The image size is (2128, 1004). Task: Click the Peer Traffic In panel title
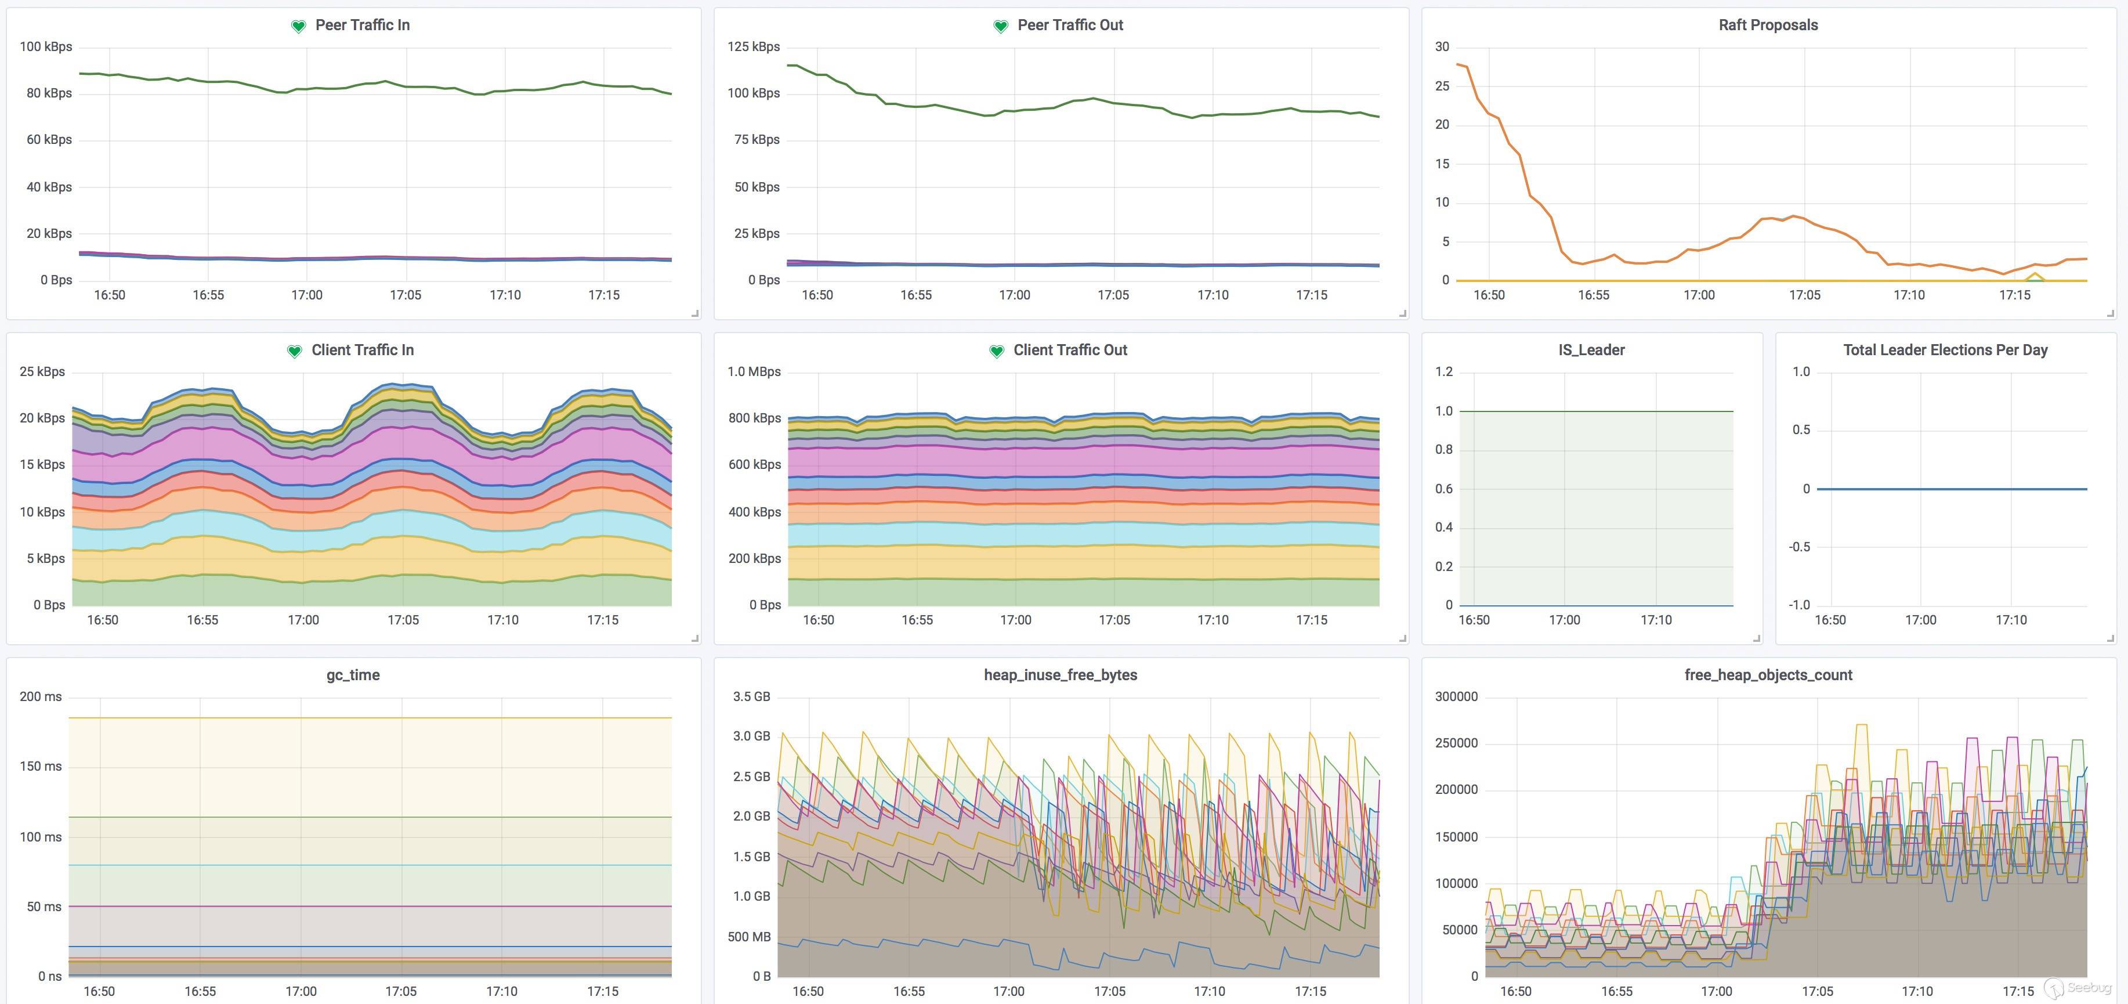(362, 25)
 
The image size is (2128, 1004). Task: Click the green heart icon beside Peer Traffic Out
(1000, 27)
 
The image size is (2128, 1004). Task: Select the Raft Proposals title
(1768, 25)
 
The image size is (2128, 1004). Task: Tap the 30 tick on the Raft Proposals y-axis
(1442, 46)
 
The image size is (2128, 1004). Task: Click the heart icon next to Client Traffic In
(294, 351)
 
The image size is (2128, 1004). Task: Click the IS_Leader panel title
(1591, 349)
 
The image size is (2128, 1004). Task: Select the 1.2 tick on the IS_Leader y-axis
(1443, 371)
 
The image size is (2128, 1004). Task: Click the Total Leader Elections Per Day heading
(1945, 349)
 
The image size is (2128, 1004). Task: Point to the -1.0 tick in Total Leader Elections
(1798, 605)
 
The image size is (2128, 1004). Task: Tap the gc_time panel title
(353, 674)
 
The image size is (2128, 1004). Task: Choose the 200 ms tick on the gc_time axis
(41, 696)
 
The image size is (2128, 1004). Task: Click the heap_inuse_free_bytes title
(1060, 674)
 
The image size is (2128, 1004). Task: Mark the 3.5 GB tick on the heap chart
(751, 696)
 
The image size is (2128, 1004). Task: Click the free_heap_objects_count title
(1768, 674)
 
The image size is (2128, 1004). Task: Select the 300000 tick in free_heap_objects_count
(1456, 696)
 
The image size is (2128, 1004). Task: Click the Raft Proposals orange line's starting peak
(1460, 64)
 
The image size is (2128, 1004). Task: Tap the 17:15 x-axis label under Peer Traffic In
(603, 295)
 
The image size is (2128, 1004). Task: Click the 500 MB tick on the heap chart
(748, 936)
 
